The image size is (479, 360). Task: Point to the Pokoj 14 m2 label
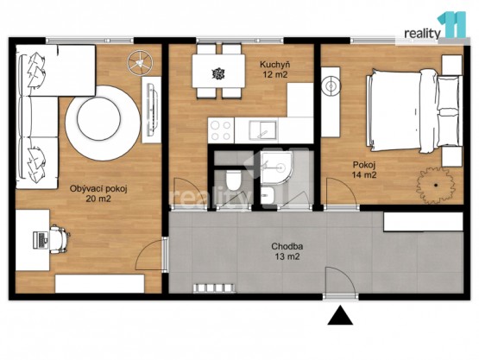tap(364, 170)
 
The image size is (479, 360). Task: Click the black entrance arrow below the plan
tap(340, 315)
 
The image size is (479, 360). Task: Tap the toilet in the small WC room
tap(234, 180)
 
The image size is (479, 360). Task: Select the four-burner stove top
tap(221, 130)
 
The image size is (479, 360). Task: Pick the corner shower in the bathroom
tap(274, 167)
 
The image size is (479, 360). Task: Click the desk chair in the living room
tap(59, 239)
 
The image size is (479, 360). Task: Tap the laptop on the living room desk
tap(41, 240)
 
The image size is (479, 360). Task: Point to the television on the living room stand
tap(152, 110)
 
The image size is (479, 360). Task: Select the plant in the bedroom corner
tap(435, 186)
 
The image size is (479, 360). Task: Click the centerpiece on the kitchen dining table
tap(218, 73)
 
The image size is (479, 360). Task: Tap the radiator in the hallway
tap(213, 288)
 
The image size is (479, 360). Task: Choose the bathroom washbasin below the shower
tap(268, 194)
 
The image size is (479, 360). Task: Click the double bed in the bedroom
tap(414, 111)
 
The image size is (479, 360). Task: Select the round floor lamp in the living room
tap(140, 63)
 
